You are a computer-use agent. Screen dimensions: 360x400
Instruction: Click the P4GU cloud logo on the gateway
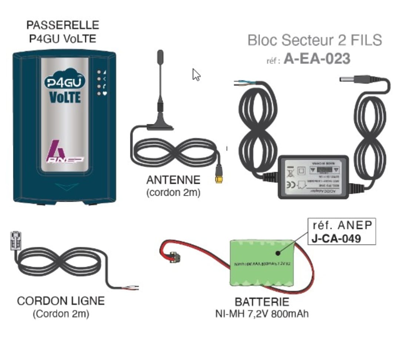64,82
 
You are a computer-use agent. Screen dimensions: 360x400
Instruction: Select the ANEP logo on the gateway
65,152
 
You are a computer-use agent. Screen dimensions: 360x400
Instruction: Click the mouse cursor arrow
196,75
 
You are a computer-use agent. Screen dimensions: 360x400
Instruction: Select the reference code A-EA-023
317,59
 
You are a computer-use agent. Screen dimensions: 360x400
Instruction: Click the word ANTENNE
173,180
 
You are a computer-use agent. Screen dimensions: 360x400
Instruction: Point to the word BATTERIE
262,302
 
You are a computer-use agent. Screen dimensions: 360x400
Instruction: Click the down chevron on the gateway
64,187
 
